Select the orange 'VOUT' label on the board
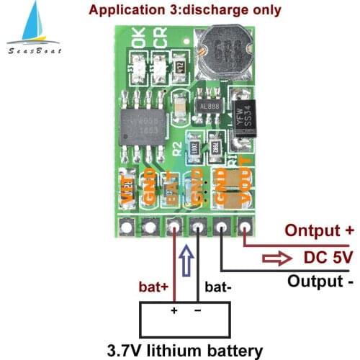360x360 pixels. point(246,184)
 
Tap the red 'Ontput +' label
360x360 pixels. point(319,231)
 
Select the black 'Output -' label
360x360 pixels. point(321,280)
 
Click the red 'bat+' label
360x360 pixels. point(155,286)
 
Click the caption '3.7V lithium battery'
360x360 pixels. point(185,350)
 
